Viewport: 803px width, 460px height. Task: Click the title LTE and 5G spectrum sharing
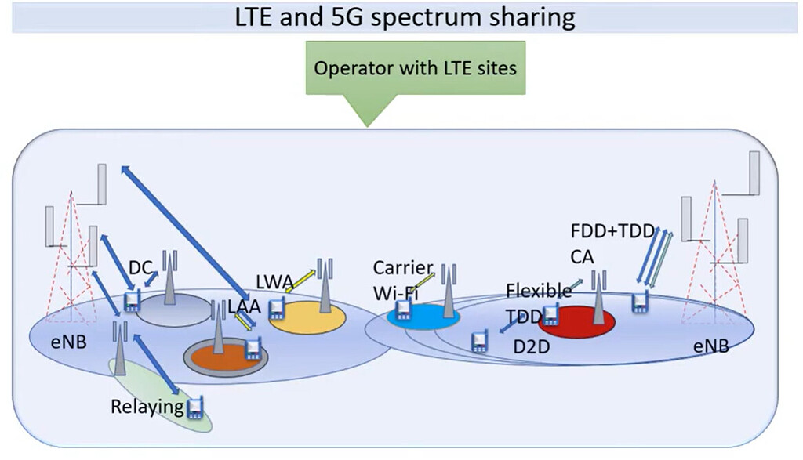405,16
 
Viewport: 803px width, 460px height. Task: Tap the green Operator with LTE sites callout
415,68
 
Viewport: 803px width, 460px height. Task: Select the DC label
140,268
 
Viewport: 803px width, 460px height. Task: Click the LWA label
274,281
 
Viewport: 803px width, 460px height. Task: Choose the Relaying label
147,407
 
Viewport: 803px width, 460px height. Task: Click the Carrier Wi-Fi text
398,281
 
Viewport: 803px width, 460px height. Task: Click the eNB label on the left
68,343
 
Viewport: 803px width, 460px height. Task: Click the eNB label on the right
710,345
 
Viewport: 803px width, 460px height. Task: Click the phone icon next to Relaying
195,407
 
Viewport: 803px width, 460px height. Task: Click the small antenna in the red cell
598,298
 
